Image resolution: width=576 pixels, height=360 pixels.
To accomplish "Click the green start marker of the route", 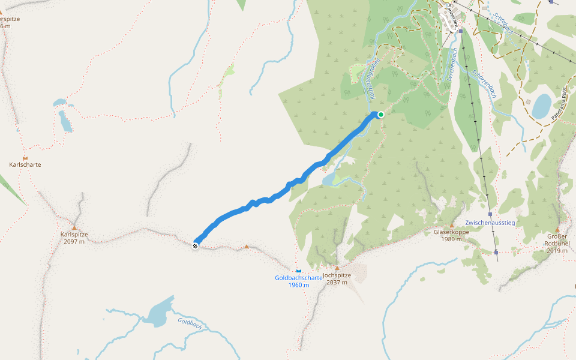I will coord(380,114).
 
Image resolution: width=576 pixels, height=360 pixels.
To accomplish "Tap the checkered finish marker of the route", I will coord(195,245).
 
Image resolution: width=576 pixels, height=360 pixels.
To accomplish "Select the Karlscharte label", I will coord(25,164).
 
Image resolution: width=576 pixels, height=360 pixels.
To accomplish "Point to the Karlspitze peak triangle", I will coord(74,227).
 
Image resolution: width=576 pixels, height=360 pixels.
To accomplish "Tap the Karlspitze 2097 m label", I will coord(74,238).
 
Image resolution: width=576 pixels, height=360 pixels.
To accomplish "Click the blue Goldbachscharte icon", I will coord(298,271).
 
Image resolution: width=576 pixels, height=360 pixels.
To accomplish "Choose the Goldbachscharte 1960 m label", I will coord(299,281).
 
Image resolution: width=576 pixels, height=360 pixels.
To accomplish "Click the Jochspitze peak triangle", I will coord(337,268).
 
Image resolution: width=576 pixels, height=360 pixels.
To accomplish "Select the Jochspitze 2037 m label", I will coord(337,279).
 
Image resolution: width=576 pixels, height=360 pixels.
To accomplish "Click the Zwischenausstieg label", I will coord(490,223).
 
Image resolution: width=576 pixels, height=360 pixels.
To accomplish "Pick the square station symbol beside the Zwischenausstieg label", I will coord(490,214).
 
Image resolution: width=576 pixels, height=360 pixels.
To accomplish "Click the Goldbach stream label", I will coord(190,322).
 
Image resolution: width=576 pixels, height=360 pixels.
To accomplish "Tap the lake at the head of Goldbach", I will coord(158,314).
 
